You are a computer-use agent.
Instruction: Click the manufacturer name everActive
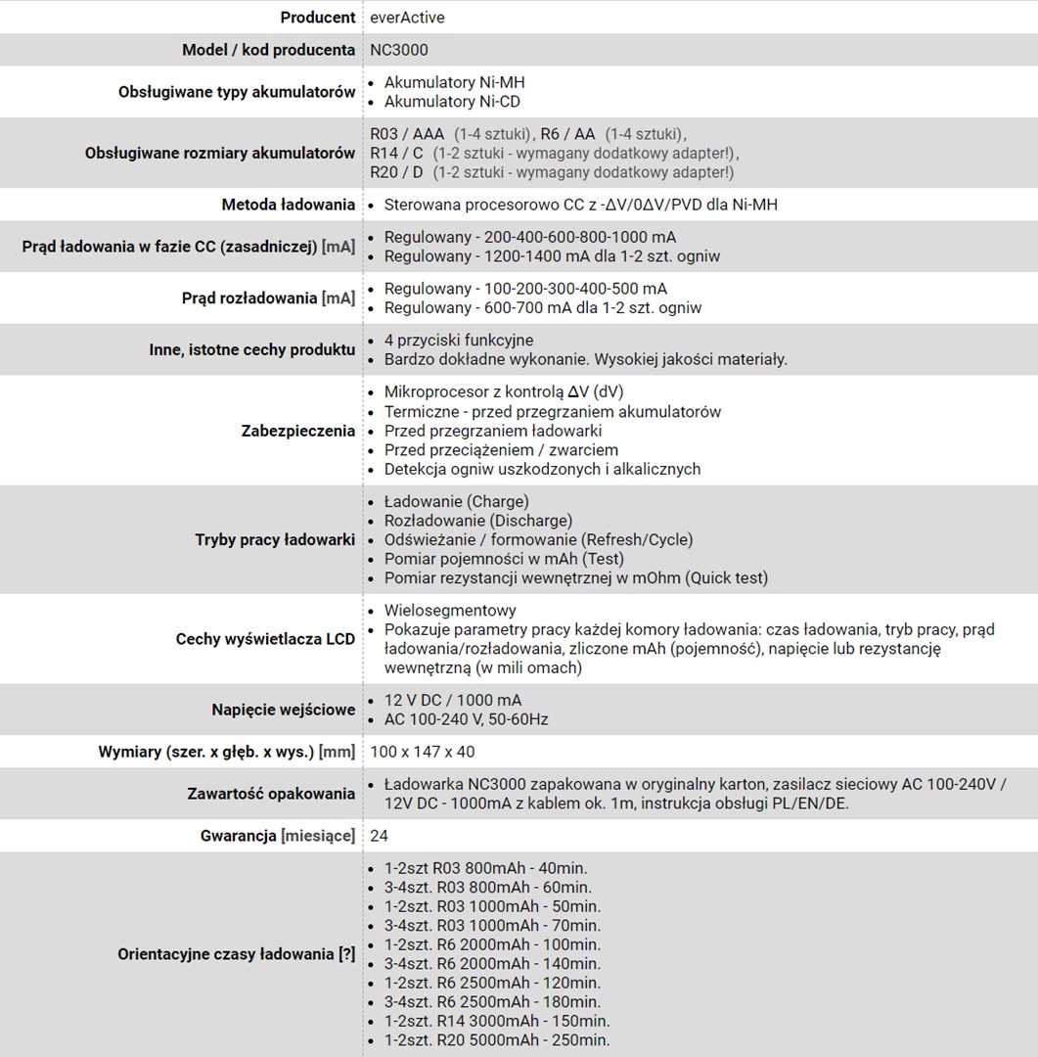(x=408, y=18)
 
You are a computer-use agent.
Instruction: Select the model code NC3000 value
(x=399, y=50)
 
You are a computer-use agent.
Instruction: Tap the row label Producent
(x=317, y=18)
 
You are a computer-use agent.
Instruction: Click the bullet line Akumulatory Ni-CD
(x=452, y=102)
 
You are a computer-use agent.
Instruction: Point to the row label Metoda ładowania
(x=288, y=205)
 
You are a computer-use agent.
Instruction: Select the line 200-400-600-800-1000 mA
(x=529, y=238)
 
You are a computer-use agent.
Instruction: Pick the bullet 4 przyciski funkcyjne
(x=459, y=341)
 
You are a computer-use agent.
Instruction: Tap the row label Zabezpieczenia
(x=297, y=431)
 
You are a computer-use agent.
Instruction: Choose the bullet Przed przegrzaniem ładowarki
(x=492, y=431)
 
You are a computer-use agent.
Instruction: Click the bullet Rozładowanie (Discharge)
(x=477, y=521)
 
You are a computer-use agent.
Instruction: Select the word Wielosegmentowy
(x=450, y=611)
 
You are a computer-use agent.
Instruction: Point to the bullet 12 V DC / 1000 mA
(x=452, y=701)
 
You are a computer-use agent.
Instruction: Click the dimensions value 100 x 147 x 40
(x=423, y=752)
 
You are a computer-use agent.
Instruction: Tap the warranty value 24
(x=380, y=836)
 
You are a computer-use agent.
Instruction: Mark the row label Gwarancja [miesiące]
(x=277, y=836)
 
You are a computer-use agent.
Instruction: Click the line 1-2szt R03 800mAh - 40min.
(x=485, y=868)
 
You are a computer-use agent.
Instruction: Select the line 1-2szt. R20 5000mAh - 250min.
(x=496, y=1040)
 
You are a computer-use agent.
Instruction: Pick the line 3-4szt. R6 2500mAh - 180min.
(x=492, y=1002)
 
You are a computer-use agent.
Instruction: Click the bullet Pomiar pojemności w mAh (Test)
(x=504, y=559)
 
